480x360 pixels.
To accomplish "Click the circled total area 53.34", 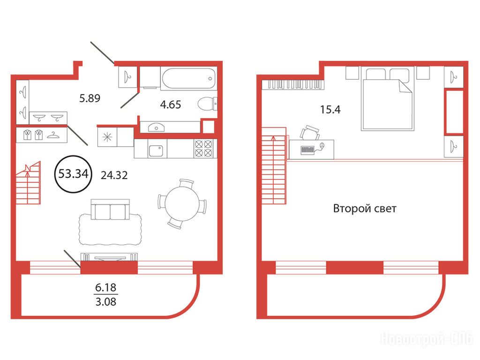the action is click(73, 173).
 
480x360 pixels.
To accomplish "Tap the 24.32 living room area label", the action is click(114, 175).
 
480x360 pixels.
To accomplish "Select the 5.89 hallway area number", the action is click(90, 98).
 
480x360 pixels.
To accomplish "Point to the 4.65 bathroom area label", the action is click(171, 105).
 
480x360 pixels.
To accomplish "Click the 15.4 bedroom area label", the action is click(330, 109).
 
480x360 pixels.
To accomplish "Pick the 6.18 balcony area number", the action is click(106, 287).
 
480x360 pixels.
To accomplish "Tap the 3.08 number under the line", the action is click(106, 302).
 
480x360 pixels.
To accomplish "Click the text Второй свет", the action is click(365, 209).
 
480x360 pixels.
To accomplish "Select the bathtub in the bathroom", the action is click(188, 78).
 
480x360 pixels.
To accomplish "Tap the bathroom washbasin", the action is click(156, 127).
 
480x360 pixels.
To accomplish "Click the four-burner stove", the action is click(203, 149).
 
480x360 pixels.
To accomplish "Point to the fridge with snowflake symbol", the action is click(107, 137).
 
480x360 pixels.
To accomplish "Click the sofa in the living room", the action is click(110, 210).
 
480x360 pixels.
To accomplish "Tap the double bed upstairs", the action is click(387, 98).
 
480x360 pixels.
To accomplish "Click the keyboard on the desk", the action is click(308, 150).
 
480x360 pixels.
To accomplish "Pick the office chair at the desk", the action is click(310, 133).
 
